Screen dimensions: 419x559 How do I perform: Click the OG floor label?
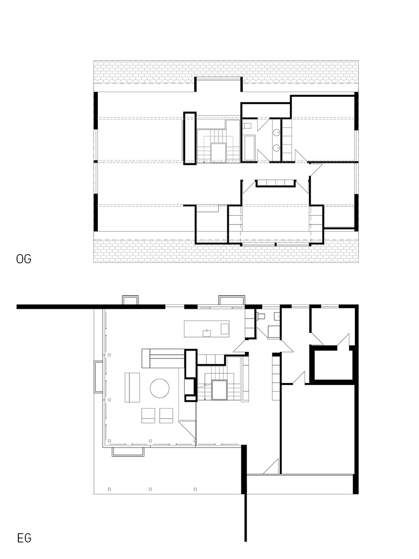pyautogui.click(x=24, y=259)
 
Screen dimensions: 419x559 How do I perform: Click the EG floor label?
pyautogui.click(x=24, y=538)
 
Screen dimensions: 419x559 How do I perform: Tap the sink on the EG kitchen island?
pyautogui.click(x=206, y=333)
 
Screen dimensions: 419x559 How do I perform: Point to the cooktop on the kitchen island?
pyautogui.click(x=225, y=328)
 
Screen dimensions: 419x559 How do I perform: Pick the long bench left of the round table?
pyautogui.click(x=132, y=388)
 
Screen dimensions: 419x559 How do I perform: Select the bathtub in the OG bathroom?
pyautogui.click(x=249, y=148)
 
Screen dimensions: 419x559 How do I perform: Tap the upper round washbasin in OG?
pyautogui.click(x=277, y=132)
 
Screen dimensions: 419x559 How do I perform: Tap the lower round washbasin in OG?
pyautogui.click(x=277, y=148)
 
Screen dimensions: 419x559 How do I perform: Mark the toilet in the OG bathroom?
pyautogui.click(x=247, y=126)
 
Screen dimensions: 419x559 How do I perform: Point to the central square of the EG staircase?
pyautogui.click(x=219, y=390)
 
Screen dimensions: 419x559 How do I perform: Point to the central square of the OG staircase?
pyautogui.click(x=218, y=152)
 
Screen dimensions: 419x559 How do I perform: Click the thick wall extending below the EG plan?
pyautogui.click(x=245, y=518)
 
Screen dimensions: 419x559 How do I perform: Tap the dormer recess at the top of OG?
pyautogui.click(x=219, y=84)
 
